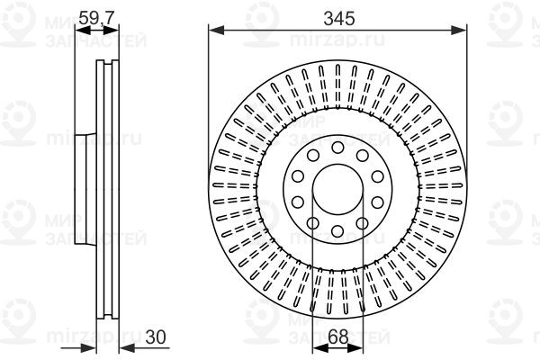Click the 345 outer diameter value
point(339,19)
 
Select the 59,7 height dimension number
point(97,18)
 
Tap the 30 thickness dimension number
point(156,337)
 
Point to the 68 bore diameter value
point(337,337)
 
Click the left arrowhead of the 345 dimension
point(216,31)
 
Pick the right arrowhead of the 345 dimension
point(459,31)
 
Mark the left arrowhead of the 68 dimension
point(320,348)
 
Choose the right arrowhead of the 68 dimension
point(355,348)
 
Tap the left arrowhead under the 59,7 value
point(83,31)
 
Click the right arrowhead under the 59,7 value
point(111,31)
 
